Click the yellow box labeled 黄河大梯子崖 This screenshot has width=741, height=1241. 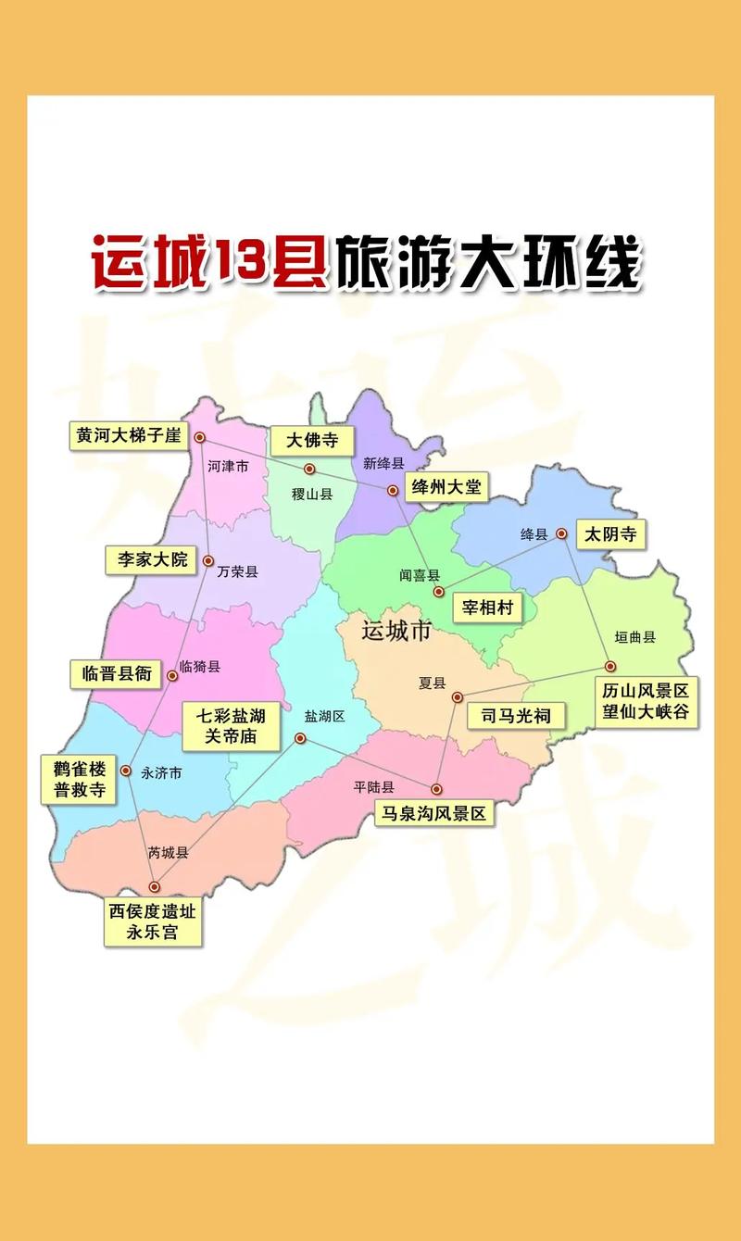pos(130,435)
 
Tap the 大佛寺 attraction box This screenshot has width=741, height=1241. pos(311,440)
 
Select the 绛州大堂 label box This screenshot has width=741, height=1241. pos(446,487)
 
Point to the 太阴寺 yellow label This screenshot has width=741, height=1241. pos(611,534)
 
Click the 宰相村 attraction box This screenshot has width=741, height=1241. pos(487,608)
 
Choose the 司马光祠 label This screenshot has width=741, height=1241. pos(516,715)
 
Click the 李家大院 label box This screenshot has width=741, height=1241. pos(152,559)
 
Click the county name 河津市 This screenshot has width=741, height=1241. pos(228,467)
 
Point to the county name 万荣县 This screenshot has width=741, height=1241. pos(238,572)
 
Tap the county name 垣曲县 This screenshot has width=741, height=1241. pos(635,637)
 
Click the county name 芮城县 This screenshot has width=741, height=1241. pos(169,853)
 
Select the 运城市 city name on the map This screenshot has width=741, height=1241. pos(396,632)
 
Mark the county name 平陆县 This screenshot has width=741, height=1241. pos(374,787)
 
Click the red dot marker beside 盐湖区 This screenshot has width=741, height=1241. pos(300,738)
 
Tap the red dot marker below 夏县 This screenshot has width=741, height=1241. pos(457,697)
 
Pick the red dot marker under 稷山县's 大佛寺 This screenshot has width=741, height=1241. pos(309,469)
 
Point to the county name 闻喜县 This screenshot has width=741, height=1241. pos(420,575)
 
